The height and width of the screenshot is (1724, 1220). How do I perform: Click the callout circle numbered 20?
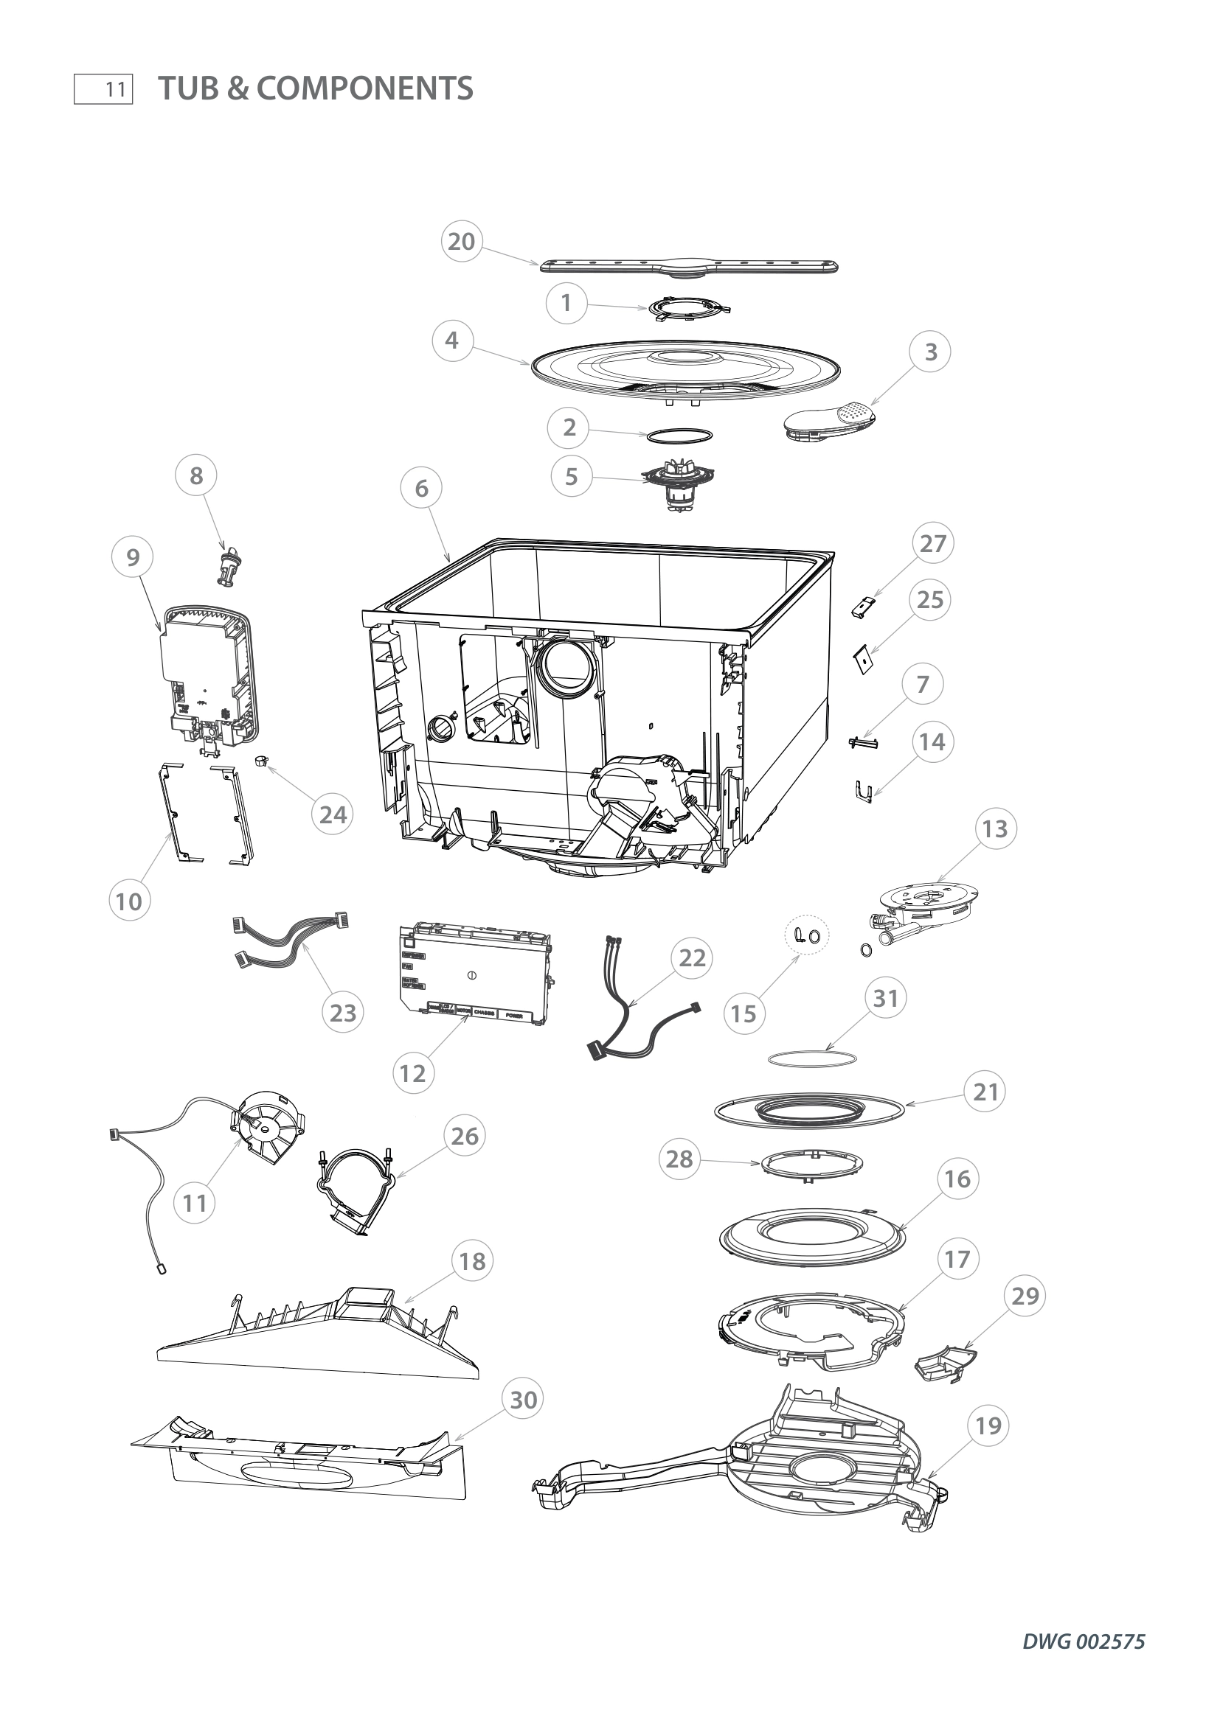click(461, 241)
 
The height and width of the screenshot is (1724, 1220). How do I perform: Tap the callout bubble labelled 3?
click(930, 352)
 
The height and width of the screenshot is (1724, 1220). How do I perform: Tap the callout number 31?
click(886, 998)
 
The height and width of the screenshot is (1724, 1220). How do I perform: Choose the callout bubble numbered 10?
click(128, 901)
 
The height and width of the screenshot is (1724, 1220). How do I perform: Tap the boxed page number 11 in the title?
click(104, 89)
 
